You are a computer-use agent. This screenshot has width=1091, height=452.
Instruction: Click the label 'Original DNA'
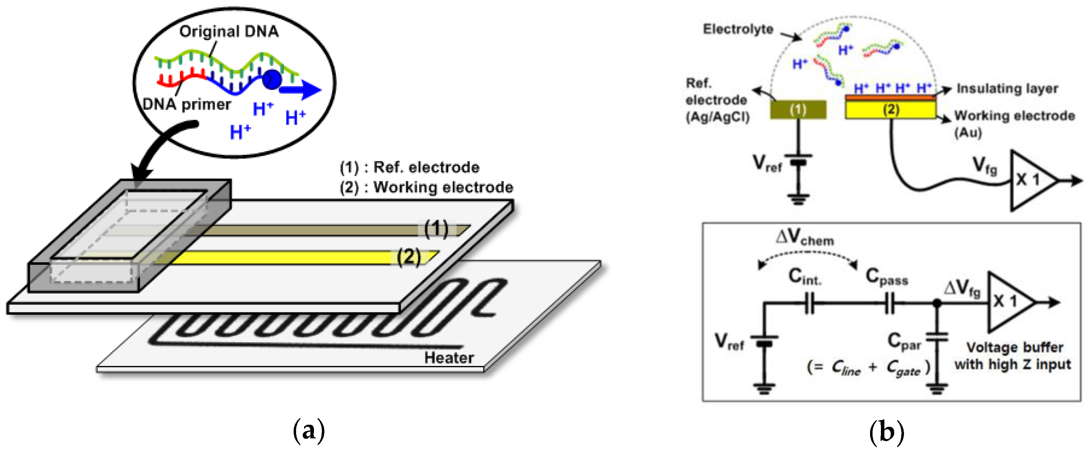point(229,31)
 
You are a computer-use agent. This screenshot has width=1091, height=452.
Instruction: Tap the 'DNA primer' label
point(187,104)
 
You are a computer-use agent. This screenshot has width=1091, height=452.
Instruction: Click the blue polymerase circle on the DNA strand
point(272,79)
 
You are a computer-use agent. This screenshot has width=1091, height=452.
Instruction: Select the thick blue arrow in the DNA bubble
point(301,90)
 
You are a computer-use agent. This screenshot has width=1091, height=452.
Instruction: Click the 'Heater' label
point(449,358)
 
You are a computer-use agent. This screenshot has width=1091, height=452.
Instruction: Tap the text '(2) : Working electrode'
point(426,188)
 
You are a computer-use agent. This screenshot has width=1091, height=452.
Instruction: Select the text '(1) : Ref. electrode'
point(410,168)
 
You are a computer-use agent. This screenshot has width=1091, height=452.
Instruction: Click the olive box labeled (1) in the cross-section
point(798,110)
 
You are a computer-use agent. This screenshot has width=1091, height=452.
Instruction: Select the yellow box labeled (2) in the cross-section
point(890,110)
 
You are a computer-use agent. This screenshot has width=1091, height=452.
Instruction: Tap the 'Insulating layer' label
point(1007,89)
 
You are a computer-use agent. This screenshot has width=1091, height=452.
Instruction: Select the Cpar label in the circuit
point(905,341)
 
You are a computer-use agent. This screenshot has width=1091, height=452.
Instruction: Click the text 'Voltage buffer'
point(1014,347)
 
